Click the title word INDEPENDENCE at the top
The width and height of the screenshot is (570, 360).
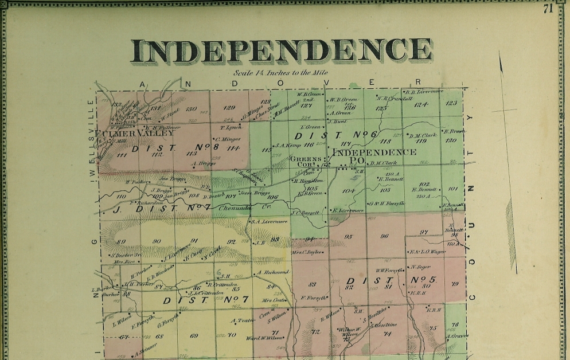pyautogui.click(x=281, y=51)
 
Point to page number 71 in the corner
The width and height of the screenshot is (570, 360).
pyautogui.click(x=548, y=8)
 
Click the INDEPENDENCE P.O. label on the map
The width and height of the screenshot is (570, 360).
pyautogui.click(x=374, y=156)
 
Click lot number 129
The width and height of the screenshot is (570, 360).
pyautogui.click(x=229, y=108)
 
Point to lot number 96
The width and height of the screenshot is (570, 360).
pyautogui.click(x=384, y=236)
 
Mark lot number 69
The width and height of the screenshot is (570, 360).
pyautogui.click(x=194, y=335)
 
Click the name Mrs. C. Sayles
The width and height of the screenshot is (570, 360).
pyautogui.click(x=308, y=252)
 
